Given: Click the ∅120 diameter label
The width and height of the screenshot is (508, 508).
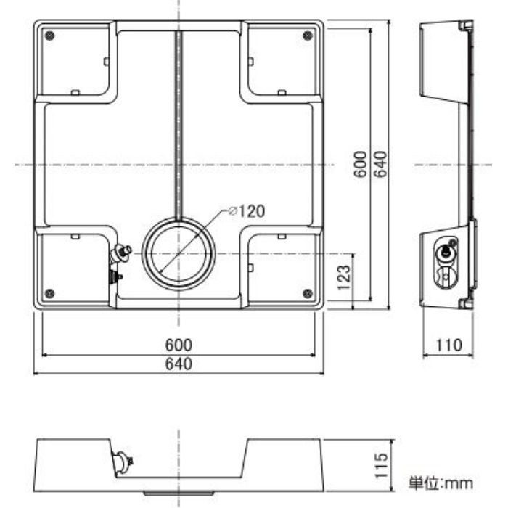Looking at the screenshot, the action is pos(247,211).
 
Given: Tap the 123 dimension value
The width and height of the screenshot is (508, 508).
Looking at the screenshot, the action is pos(344,278).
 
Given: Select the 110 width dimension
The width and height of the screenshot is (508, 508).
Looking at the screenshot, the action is pos(448,345).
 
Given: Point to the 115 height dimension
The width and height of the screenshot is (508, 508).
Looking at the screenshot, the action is pos(381,466).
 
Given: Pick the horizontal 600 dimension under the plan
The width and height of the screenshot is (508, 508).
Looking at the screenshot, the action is pos(179,345).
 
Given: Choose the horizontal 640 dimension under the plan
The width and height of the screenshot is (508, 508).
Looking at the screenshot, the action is pos(179,364).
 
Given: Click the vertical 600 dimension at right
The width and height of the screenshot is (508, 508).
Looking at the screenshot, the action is pos(361,164).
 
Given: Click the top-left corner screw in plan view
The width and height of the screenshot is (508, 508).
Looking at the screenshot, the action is pos(49,36).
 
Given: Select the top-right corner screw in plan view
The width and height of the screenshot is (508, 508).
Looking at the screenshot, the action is pos(308,36).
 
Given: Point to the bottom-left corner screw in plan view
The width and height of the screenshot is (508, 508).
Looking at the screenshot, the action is pos(49,293).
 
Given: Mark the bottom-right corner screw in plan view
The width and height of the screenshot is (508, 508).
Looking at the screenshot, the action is pos(308,293).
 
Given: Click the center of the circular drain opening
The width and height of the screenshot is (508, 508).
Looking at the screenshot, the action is pos(179,254).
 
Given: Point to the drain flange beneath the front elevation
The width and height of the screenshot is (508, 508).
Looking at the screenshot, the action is pos(179,493).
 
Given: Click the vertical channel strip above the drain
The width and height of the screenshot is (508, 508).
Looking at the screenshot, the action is pos(179,126).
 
